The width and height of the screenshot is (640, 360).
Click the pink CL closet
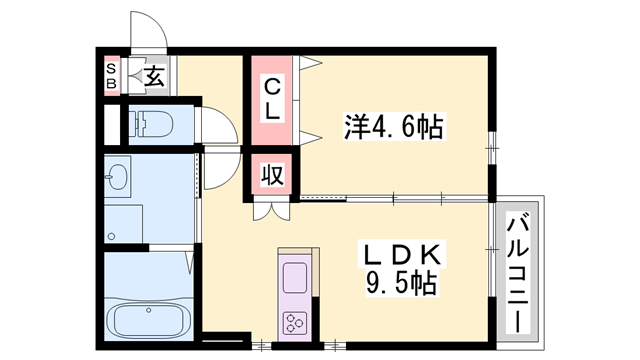[272, 99]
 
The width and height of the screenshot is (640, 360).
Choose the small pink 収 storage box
[272, 175]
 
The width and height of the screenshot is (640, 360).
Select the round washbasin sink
[119, 178]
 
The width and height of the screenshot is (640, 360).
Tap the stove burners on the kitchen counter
[297, 322]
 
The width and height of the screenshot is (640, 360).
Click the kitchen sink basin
[297, 275]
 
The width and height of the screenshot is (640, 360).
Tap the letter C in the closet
[272, 86]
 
